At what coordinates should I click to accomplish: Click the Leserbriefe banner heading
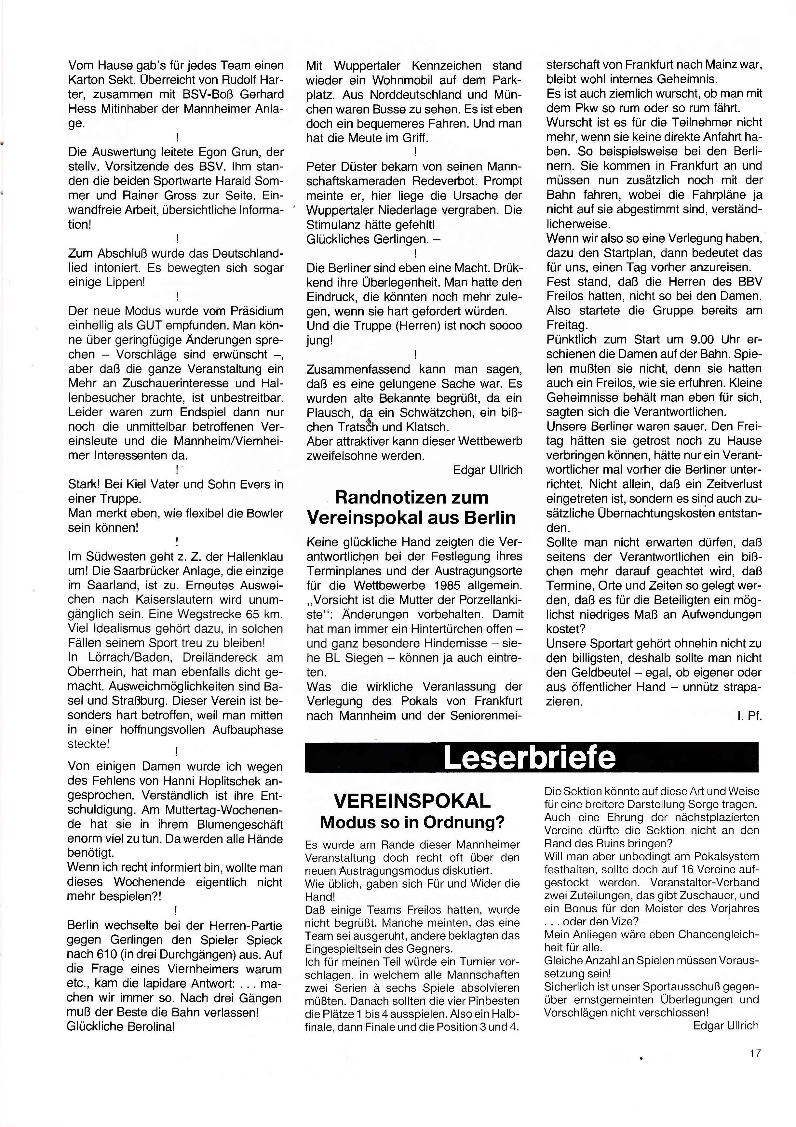click(x=529, y=758)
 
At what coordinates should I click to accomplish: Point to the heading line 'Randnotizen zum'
click(x=411, y=497)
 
